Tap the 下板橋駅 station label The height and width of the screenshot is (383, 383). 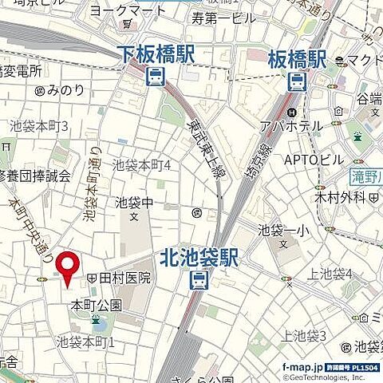coord(156,54)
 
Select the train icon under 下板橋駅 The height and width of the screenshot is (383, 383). coord(155,77)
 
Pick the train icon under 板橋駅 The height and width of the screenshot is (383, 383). coord(296,80)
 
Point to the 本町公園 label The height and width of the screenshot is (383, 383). coord(97,305)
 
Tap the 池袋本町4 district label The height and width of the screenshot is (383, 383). coord(141,165)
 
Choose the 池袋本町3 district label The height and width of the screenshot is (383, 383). coord(39,127)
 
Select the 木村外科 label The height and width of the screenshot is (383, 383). coord(317,195)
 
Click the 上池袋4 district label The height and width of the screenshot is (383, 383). coord(335,274)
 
